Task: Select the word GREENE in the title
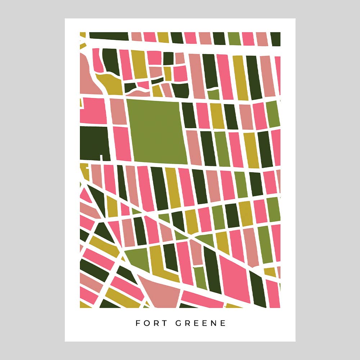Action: click(x=201, y=323)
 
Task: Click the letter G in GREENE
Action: click(x=178, y=323)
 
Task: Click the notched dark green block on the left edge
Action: click(x=93, y=142)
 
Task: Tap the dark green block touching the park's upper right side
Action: click(x=188, y=115)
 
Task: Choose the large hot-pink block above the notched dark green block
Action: click(x=93, y=110)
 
